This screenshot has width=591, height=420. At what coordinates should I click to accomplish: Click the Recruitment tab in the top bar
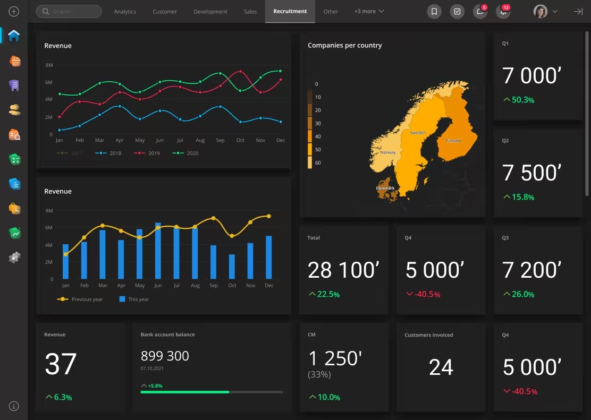coord(290,11)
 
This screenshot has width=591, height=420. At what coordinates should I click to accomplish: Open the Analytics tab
coord(125,12)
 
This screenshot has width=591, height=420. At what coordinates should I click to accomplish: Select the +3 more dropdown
coord(369,11)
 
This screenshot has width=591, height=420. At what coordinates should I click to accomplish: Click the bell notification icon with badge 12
coord(502,12)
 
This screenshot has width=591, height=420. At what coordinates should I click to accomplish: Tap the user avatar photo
coord(541,12)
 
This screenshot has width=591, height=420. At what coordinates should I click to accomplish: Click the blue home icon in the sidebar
coord(14,36)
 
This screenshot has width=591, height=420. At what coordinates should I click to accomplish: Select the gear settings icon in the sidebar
coord(14,258)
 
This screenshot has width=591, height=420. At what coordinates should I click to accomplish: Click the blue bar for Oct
coord(232,267)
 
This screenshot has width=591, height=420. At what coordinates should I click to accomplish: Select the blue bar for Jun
coord(158,251)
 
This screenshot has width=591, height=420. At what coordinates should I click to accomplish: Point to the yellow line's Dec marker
coord(269,216)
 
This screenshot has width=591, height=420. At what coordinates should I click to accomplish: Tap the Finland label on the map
coord(453,141)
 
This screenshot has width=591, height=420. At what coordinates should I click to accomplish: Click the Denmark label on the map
coord(385,188)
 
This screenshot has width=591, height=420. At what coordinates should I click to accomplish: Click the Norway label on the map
coord(388,152)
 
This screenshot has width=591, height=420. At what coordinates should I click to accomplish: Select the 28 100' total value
coord(343,270)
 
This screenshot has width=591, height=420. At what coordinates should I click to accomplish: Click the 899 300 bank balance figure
coord(165,356)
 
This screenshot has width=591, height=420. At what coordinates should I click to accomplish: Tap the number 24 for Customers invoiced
coord(441,367)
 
